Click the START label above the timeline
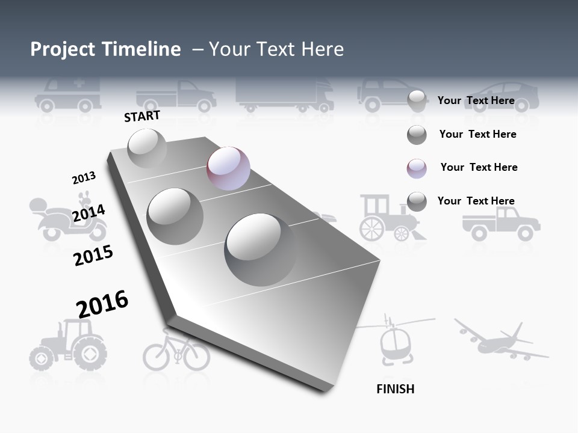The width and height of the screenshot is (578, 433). [x=142, y=116]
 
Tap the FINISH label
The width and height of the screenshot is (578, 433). [x=395, y=389]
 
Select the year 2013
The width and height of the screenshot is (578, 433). [x=84, y=178]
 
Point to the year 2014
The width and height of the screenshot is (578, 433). [x=89, y=213]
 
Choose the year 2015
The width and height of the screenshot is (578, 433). [x=93, y=256]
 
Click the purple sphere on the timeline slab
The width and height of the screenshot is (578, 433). [x=228, y=168]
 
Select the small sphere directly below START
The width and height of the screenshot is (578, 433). [x=147, y=148]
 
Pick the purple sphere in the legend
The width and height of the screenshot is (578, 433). [x=417, y=168]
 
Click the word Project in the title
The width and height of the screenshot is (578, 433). [x=64, y=49]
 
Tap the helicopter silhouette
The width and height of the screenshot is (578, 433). [x=394, y=340]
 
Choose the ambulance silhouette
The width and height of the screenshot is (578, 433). [x=67, y=95]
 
